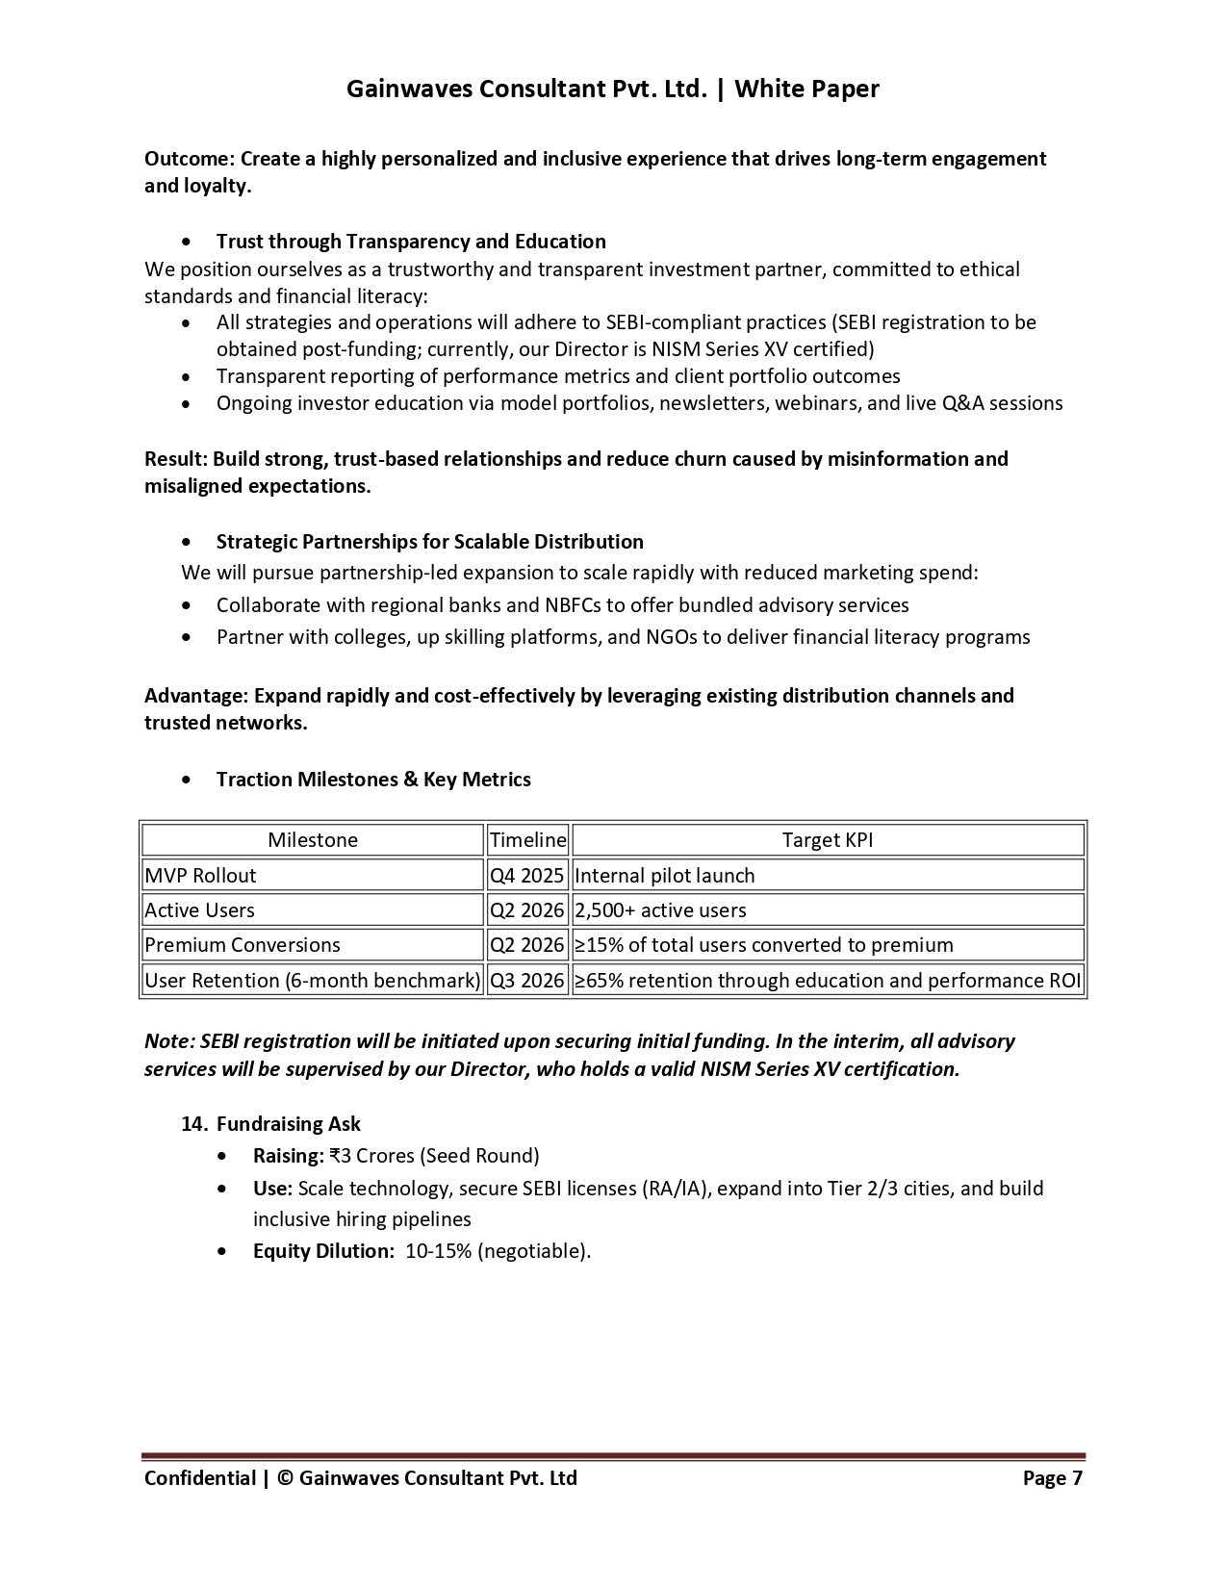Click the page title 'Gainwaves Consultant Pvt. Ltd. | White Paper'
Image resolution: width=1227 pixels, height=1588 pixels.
(x=612, y=89)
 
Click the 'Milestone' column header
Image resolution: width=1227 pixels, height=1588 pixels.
(x=313, y=840)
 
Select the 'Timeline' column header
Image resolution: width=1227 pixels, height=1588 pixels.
(x=527, y=840)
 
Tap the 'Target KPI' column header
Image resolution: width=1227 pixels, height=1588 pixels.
(x=828, y=840)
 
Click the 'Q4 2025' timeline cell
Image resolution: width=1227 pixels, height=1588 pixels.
(x=527, y=876)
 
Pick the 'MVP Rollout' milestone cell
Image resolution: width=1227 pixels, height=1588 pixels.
(x=201, y=876)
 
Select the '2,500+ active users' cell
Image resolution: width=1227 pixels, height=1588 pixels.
(x=660, y=910)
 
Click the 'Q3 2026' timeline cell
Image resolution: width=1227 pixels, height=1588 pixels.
(x=527, y=981)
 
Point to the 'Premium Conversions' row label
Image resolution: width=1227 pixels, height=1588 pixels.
(x=243, y=945)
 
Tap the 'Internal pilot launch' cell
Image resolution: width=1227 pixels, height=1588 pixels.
(x=664, y=876)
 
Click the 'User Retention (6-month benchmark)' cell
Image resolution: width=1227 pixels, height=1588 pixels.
(x=312, y=981)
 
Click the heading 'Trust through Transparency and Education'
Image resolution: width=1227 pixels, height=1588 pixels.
(x=411, y=242)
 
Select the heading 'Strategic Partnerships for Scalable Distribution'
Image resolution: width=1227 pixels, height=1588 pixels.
(x=429, y=542)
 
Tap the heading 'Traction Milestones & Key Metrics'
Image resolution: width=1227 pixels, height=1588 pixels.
(x=373, y=780)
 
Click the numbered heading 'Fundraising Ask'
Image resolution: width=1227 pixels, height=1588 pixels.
(x=289, y=1124)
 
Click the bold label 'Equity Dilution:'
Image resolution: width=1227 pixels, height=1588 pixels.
(x=323, y=1251)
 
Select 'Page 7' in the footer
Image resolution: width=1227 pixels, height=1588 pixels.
(x=1052, y=1478)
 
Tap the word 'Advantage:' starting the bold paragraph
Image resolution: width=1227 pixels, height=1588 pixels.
(x=195, y=696)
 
